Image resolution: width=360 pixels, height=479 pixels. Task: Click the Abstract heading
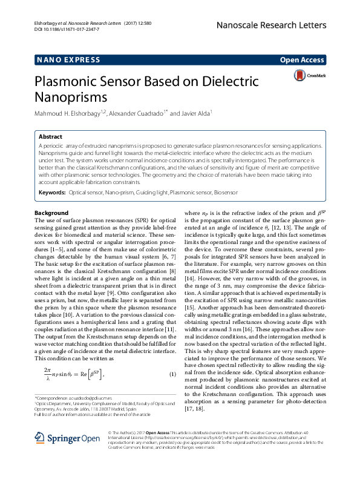(x=50, y=137)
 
